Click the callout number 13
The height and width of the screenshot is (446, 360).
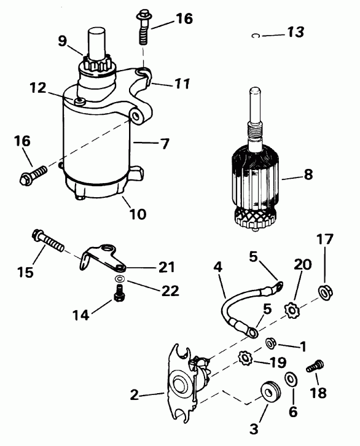tap(295, 33)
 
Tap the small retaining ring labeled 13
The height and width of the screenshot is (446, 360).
tap(255, 36)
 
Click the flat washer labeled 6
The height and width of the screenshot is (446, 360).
tap(289, 379)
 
